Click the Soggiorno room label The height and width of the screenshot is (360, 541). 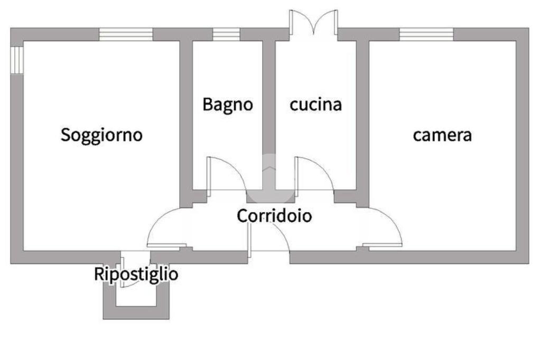(x=101, y=135)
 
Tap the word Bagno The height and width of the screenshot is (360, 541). (x=228, y=105)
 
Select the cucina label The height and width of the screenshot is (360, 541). (x=315, y=105)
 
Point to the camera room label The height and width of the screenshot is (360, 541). (x=442, y=135)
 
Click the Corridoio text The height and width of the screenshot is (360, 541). (x=274, y=215)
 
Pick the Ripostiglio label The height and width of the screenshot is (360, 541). (x=136, y=274)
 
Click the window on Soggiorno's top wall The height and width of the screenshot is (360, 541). (x=126, y=34)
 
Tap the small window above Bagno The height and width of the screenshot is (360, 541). (x=226, y=34)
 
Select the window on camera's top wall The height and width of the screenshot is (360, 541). (x=426, y=34)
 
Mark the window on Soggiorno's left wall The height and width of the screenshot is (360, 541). (x=17, y=60)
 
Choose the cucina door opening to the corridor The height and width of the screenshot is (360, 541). (x=314, y=173)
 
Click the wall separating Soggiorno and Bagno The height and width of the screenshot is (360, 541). (x=185, y=116)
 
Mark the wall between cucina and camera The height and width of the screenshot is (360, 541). (x=362, y=116)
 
